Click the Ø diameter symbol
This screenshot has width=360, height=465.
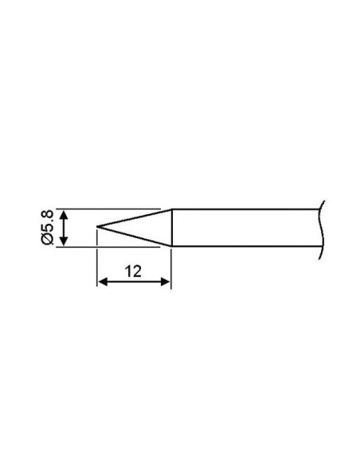tap(47, 238)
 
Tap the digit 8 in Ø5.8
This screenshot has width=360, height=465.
tap(48, 214)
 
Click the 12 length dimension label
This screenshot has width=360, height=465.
tap(133, 272)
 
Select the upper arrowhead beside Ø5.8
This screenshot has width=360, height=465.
tap(64, 215)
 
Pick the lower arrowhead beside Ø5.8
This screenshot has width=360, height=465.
tap(64, 240)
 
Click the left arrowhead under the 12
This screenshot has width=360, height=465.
tap(103, 282)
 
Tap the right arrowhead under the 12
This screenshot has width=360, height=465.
tap(165, 282)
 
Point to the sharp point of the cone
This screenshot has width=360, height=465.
tap(97, 227)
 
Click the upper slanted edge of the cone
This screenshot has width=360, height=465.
tap(135, 218)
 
